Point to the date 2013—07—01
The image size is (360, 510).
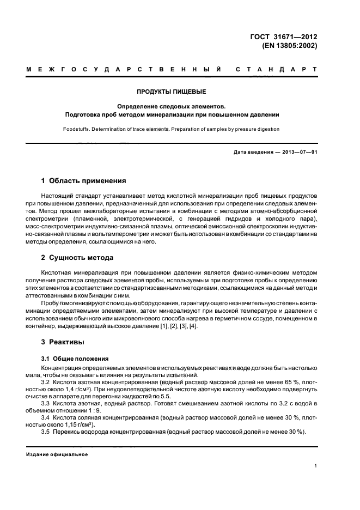pos(298,152)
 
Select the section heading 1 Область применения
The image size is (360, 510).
pos(84,180)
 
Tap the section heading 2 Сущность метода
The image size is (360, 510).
pos(77,257)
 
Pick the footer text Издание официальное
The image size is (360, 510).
pos(57,454)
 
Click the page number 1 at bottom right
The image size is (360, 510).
pos(315,466)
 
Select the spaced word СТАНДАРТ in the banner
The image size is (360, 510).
pos(276,70)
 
